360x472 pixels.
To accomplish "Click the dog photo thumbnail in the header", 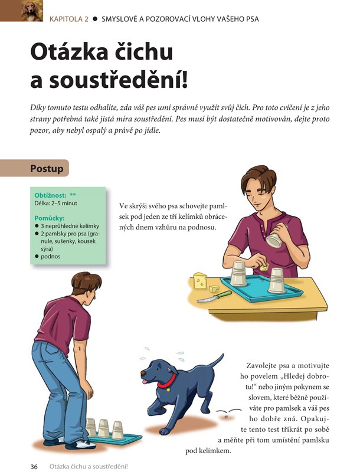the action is pyautogui.click(x=32, y=11).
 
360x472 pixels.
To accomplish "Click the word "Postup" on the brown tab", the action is pyautogui.click(x=47, y=169).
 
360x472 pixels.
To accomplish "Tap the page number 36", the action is pyautogui.click(x=34, y=467).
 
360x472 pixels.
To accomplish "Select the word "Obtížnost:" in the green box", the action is pyautogui.click(x=50, y=195).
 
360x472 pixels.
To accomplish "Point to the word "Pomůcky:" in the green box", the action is pyautogui.click(x=50, y=218).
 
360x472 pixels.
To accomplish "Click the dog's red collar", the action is pyautogui.click(x=167, y=381).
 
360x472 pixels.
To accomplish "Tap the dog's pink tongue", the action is pyautogui.click(x=145, y=382).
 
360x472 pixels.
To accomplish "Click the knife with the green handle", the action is pyautogui.click(x=214, y=296).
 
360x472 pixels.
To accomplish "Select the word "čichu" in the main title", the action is pyautogui.click(x=144, y=52).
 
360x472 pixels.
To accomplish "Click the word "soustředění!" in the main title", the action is pyautogui.click(x=119, y=81).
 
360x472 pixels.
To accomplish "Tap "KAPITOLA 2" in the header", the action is pyautogui.click(x=69, y=19).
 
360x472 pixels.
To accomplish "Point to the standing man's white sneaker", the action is pyautogui.click(x=79, y=444).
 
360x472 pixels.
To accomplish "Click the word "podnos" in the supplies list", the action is pyautogui.click(x=51, y=257).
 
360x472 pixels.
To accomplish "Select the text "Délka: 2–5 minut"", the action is pyautogui.click(x=55, y=203).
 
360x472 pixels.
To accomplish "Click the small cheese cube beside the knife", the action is pyautogui.click(x=215, y=289).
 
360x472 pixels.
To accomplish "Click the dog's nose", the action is pyautogui.click(x=143, y=373).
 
